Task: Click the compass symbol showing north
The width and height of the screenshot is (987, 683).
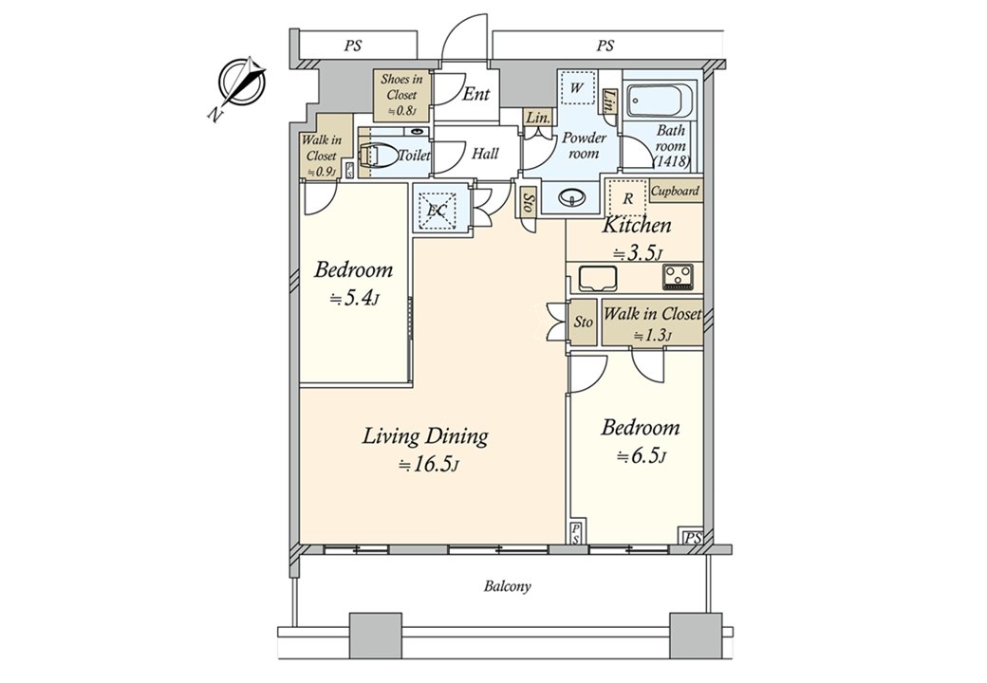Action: coord(240,84)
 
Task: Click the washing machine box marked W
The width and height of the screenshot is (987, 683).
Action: coord(575,89)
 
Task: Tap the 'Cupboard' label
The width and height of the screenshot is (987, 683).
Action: coord(676,191)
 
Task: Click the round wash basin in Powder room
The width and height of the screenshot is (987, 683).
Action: coord(572,197)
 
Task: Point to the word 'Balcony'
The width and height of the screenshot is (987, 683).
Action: coord(508,586)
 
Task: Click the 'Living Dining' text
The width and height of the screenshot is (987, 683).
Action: coord(425,436)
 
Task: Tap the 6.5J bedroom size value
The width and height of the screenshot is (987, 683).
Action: coord(642,456)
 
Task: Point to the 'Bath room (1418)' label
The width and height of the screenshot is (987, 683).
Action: coord(671,147)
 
